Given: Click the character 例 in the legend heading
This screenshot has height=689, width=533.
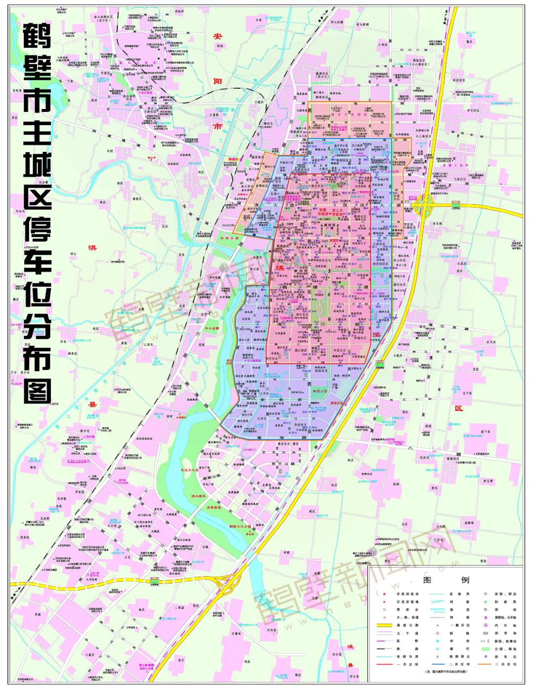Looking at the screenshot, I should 465,580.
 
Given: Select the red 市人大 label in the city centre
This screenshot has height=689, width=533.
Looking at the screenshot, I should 337,210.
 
